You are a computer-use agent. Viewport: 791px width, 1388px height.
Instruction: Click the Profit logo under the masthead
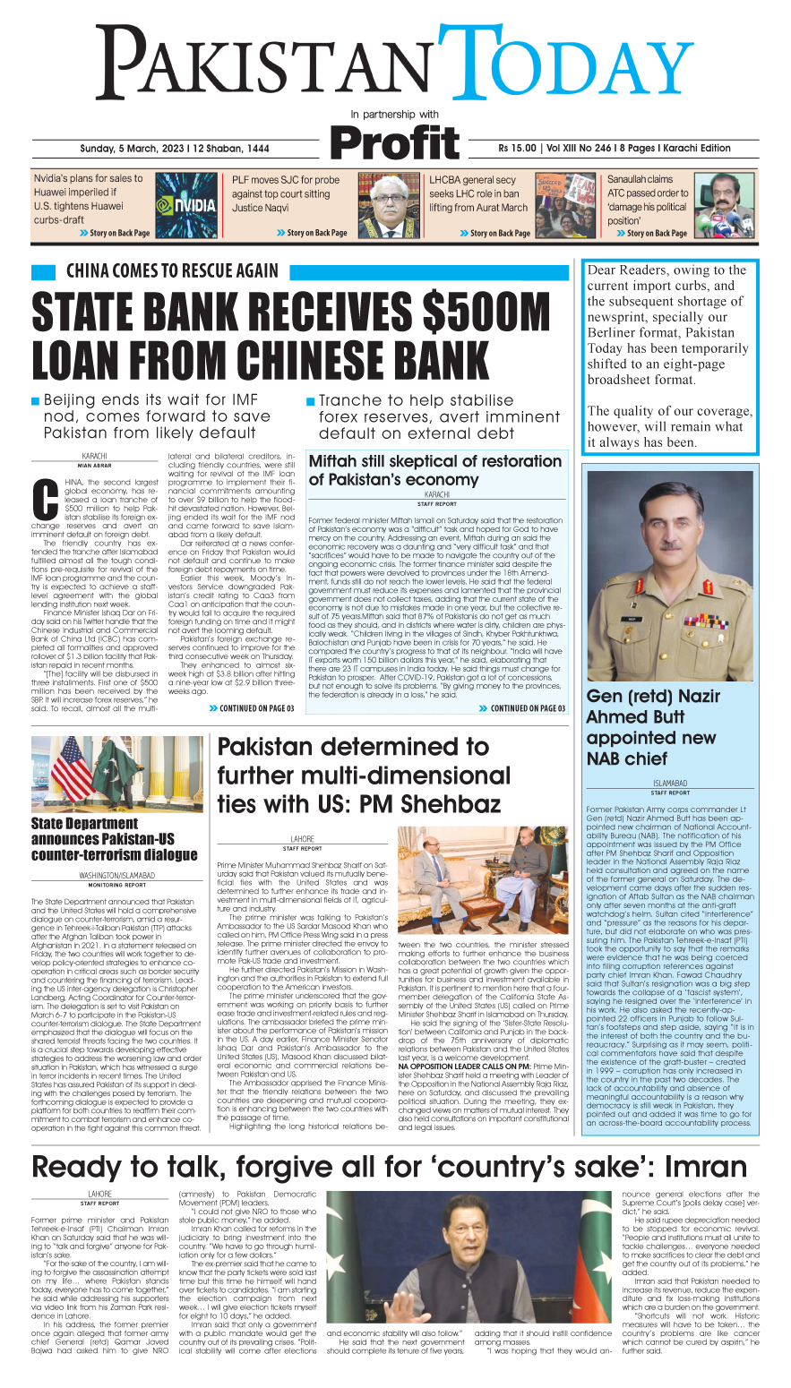pos(394,143)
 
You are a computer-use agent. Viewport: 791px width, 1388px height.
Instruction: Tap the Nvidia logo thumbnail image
pos(185,205)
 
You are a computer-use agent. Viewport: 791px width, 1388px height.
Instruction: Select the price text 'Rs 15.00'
pos(519,149)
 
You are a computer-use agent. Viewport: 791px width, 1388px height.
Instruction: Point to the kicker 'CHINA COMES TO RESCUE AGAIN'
pos(172,270)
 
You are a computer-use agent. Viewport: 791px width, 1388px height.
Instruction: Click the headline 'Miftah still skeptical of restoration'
pos(434,461)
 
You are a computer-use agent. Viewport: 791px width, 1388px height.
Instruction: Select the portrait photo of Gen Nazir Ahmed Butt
pos(670,573)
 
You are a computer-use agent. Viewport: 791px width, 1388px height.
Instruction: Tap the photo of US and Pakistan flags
pos(117,773)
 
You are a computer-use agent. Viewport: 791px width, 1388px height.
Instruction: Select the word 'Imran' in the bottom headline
pos(706,1167)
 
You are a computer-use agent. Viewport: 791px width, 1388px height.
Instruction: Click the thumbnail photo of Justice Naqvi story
pos(389,205)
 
